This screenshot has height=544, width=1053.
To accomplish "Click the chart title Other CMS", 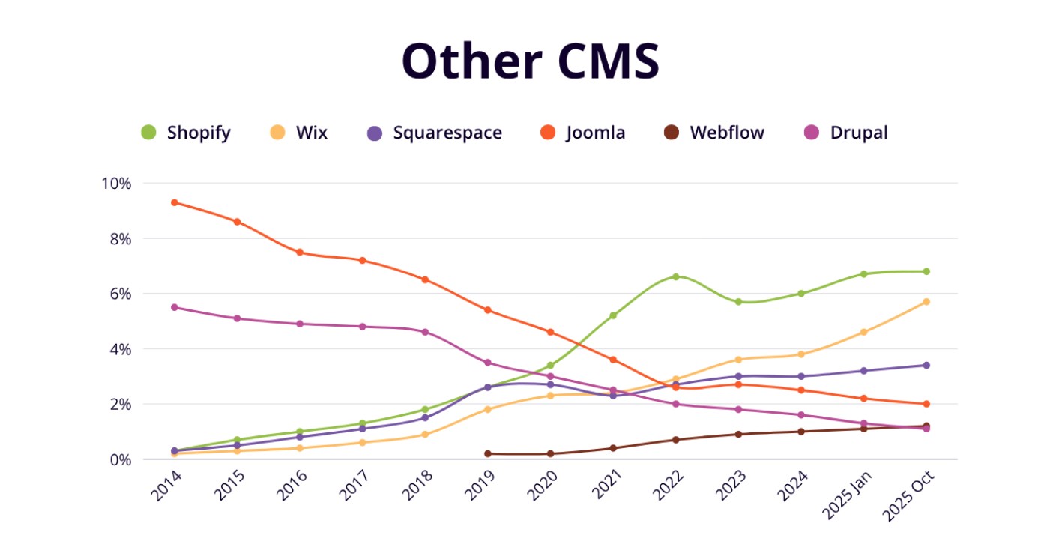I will pos(530,61).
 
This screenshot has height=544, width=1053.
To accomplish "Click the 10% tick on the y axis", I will pos(116,184).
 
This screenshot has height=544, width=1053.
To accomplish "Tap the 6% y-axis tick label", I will pos(119,294).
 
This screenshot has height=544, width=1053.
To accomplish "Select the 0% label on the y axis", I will pos(119,459).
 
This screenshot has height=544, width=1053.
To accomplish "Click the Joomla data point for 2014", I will pos(175,202).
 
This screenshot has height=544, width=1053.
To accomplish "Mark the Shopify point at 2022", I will pos(676,276).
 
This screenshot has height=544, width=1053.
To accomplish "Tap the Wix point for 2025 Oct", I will pos(926,302).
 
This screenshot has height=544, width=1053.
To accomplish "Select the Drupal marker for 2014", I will pos(175,307).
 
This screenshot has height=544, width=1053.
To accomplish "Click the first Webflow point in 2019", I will pos(488,453).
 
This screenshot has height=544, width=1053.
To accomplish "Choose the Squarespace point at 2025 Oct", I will pos(926,365).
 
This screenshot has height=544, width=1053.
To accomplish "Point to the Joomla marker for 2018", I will pos(425,279).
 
